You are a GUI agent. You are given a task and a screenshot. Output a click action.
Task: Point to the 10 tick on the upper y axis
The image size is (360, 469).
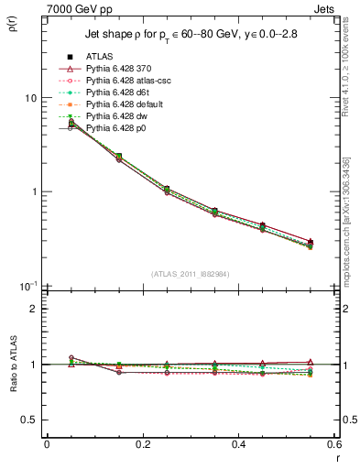pos(30,98)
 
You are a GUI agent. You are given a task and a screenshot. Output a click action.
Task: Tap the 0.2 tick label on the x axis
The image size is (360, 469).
pos(142,444)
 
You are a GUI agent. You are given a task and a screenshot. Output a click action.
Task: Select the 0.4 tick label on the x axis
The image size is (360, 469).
pos(238,444)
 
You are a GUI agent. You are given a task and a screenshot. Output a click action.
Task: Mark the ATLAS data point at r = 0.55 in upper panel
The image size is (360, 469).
pos(310,243)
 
